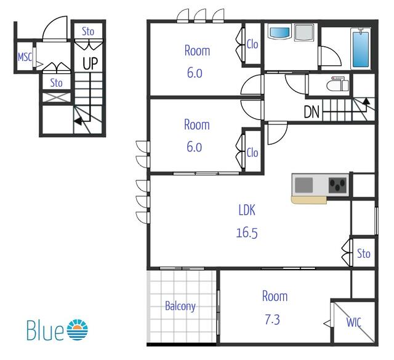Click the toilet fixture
(338, 84)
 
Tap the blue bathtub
(361, 48)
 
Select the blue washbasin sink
(279, 33)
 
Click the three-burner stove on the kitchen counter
(338, 185)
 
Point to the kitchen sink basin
(304, 185)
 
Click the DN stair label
(312, 112)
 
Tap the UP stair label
(90, 64)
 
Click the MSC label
(25, 57)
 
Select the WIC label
(354, 322)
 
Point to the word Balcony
(180, 306)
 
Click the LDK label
(247, 210)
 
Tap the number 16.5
(247, 233)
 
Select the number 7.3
(272, 320)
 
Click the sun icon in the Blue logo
(78, 330)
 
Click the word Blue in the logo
(45, 330)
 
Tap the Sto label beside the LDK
(364, 254)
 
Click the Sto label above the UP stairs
(88, 31)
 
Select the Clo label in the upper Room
(252, 44)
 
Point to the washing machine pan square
(304, 33)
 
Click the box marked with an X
(57, 97)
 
